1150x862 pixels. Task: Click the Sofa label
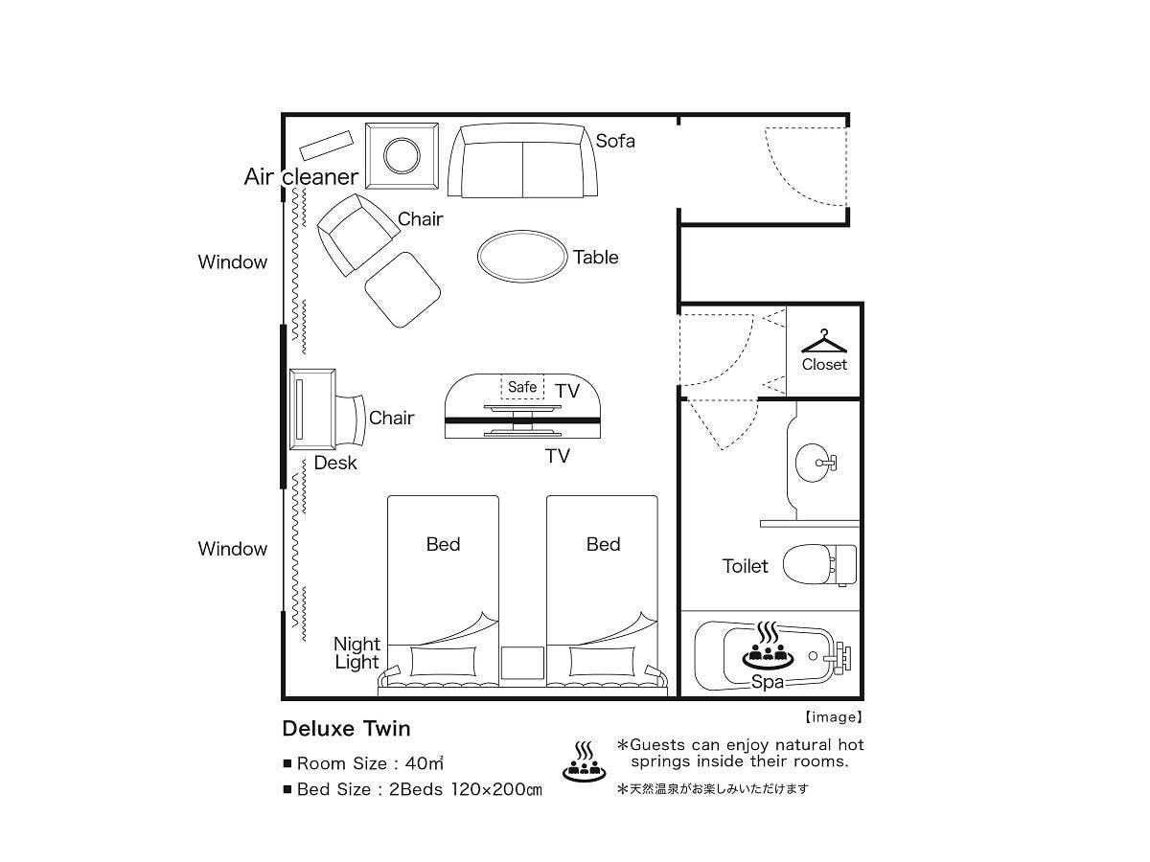[615, 141]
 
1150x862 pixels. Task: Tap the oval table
[522, 257]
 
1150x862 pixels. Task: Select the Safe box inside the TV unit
[522, 387]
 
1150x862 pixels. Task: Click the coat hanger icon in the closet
[823, 341]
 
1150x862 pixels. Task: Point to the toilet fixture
[819, 565]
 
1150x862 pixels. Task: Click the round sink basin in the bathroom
[813, 463]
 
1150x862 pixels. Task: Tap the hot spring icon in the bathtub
[768, 646]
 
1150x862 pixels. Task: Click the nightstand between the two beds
[522, 663]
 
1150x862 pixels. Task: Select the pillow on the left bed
[444, 661]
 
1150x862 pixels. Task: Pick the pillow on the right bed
[602, 661]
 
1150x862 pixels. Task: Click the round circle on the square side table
[402, 155]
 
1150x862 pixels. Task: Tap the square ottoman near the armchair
[402, 290]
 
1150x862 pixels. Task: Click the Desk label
[335, 463]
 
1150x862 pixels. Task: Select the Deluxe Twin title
[346, 729]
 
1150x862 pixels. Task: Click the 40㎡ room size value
[425, 763]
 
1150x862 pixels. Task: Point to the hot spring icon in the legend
[585, 762]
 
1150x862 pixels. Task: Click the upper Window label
[233, 261]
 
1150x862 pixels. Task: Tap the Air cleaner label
[301, 177]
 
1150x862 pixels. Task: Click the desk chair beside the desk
[350, 420]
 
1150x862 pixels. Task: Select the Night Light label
[356, 652]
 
